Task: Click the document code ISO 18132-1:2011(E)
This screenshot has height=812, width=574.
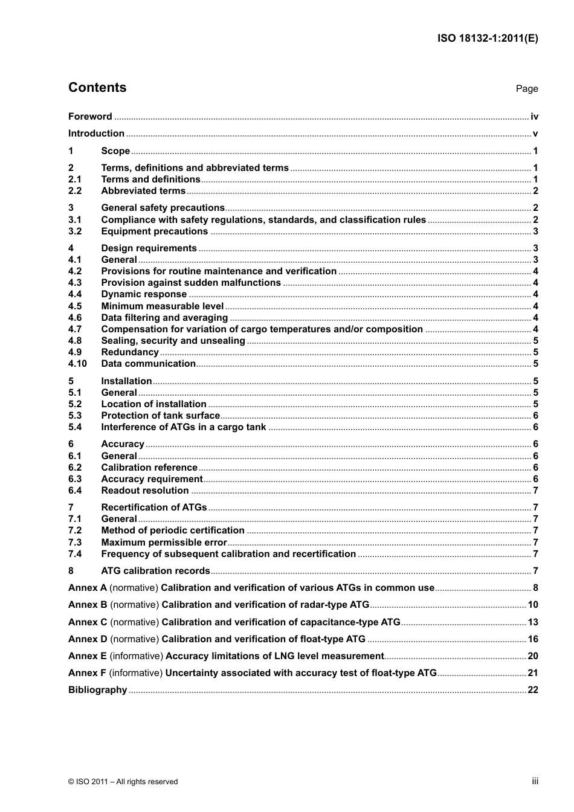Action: pyautogui.click(x=488, y=38)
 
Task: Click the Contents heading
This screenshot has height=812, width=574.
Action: pyautogui.click(x=97, y=88)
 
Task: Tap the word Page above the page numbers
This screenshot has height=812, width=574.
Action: pyautogui.click(x=526, y=89)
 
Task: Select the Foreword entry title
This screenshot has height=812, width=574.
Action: pyautogui.click(x=90, y=117)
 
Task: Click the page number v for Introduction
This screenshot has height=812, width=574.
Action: pyautogui.click(x=535, y=134)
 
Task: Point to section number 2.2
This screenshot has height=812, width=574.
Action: pyautogui.click(x=75, y=191)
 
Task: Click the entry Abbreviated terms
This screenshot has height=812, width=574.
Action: pyautogui.click(x=143, y=191)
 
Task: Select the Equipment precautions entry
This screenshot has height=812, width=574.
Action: pyautogui.click(x=154, y=231)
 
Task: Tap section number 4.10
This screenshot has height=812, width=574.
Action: pyautogui.click(x=77, y=364)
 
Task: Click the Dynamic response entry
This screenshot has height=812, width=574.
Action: pyautogui.click(x=144, y=294)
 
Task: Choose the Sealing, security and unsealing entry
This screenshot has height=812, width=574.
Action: pyautogui.click(x=173, y=341)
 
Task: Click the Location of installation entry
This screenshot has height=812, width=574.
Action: pyautogui.click(x=153, y=404)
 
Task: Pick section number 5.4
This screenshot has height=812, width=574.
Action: pyautogui.click(x=75, y=427)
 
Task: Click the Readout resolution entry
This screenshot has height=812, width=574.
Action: pyautogui.click(x=145, y=491)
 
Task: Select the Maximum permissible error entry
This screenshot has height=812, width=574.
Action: pyautogui.click(x=164, y=543)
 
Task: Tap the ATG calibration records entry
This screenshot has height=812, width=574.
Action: pyautogui.click(x=155, y=571)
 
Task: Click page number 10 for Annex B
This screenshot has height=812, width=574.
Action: pyautogui.click(x=532, y=605)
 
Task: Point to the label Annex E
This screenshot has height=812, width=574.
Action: pyautogui.click(x=88, y=656)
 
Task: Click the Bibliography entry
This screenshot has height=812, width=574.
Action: pyautogui.click(x=97, y=690)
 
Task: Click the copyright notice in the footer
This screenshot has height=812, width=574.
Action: pyautogui.click(x=123, y=782)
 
